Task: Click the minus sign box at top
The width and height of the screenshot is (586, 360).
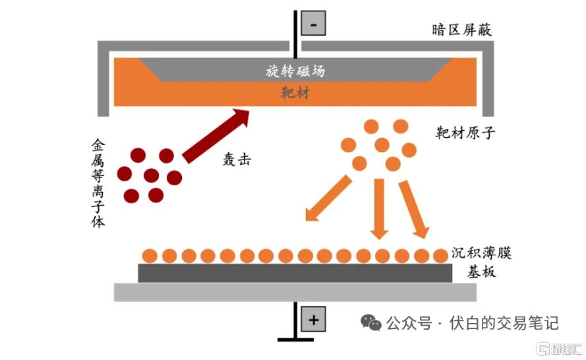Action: click(x=313, y=23)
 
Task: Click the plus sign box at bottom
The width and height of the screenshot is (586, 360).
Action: click(x=313, y=319)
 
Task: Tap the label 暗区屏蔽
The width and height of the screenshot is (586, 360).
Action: click(x=461, y=30)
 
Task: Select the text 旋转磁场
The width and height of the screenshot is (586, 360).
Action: click(x=295, y=71)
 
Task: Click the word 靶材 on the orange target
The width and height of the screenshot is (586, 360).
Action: click(x=295, y=92)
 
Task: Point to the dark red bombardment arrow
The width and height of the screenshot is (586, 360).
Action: click(x=216, y=136)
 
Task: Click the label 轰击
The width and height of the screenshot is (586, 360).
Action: click(x=237, y=160)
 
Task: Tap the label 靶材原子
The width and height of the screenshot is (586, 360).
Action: click(x=465, y=133)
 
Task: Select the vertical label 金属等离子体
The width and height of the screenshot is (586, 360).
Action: click(x=98, y=183)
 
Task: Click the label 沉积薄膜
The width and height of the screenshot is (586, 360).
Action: click(x=481, y=253)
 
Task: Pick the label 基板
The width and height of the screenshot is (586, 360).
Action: click(x=481, y=272)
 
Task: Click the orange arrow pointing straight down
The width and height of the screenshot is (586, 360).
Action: click(x=379, y=209)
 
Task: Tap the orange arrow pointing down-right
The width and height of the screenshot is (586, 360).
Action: click(x=414, y=210)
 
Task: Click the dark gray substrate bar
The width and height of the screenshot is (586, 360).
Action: click(x=295, y=273)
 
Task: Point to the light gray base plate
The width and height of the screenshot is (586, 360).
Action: click(x=295, y=292)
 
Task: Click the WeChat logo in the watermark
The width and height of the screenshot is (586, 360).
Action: click(x=370, y=322)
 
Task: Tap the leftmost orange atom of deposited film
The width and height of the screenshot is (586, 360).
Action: click(x=150, y=256)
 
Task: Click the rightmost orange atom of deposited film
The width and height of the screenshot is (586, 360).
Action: click(x=440, y=256)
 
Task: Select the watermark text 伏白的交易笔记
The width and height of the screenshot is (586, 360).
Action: click(x=504, y=323)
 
